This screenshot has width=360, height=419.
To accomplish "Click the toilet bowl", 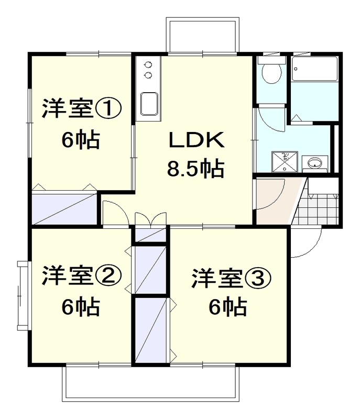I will click(x=271, y=74).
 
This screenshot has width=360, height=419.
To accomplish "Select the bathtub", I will click(x=314, y=70).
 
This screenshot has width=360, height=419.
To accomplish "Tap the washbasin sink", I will click(x=315, y=163).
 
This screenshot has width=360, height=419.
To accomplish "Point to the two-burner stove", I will click(x=148, y=70).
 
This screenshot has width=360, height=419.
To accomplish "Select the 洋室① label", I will click(x=81, y=109).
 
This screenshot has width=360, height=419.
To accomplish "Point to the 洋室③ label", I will click(x=231, y=278).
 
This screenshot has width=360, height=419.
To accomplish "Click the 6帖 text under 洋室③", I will click(x=227, y=307).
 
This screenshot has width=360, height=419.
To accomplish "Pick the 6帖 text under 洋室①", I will click(x=80, y=139).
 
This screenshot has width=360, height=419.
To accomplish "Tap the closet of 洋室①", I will click(x=63, y=207).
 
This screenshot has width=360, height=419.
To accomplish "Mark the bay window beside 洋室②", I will click(x=21, y=294).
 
